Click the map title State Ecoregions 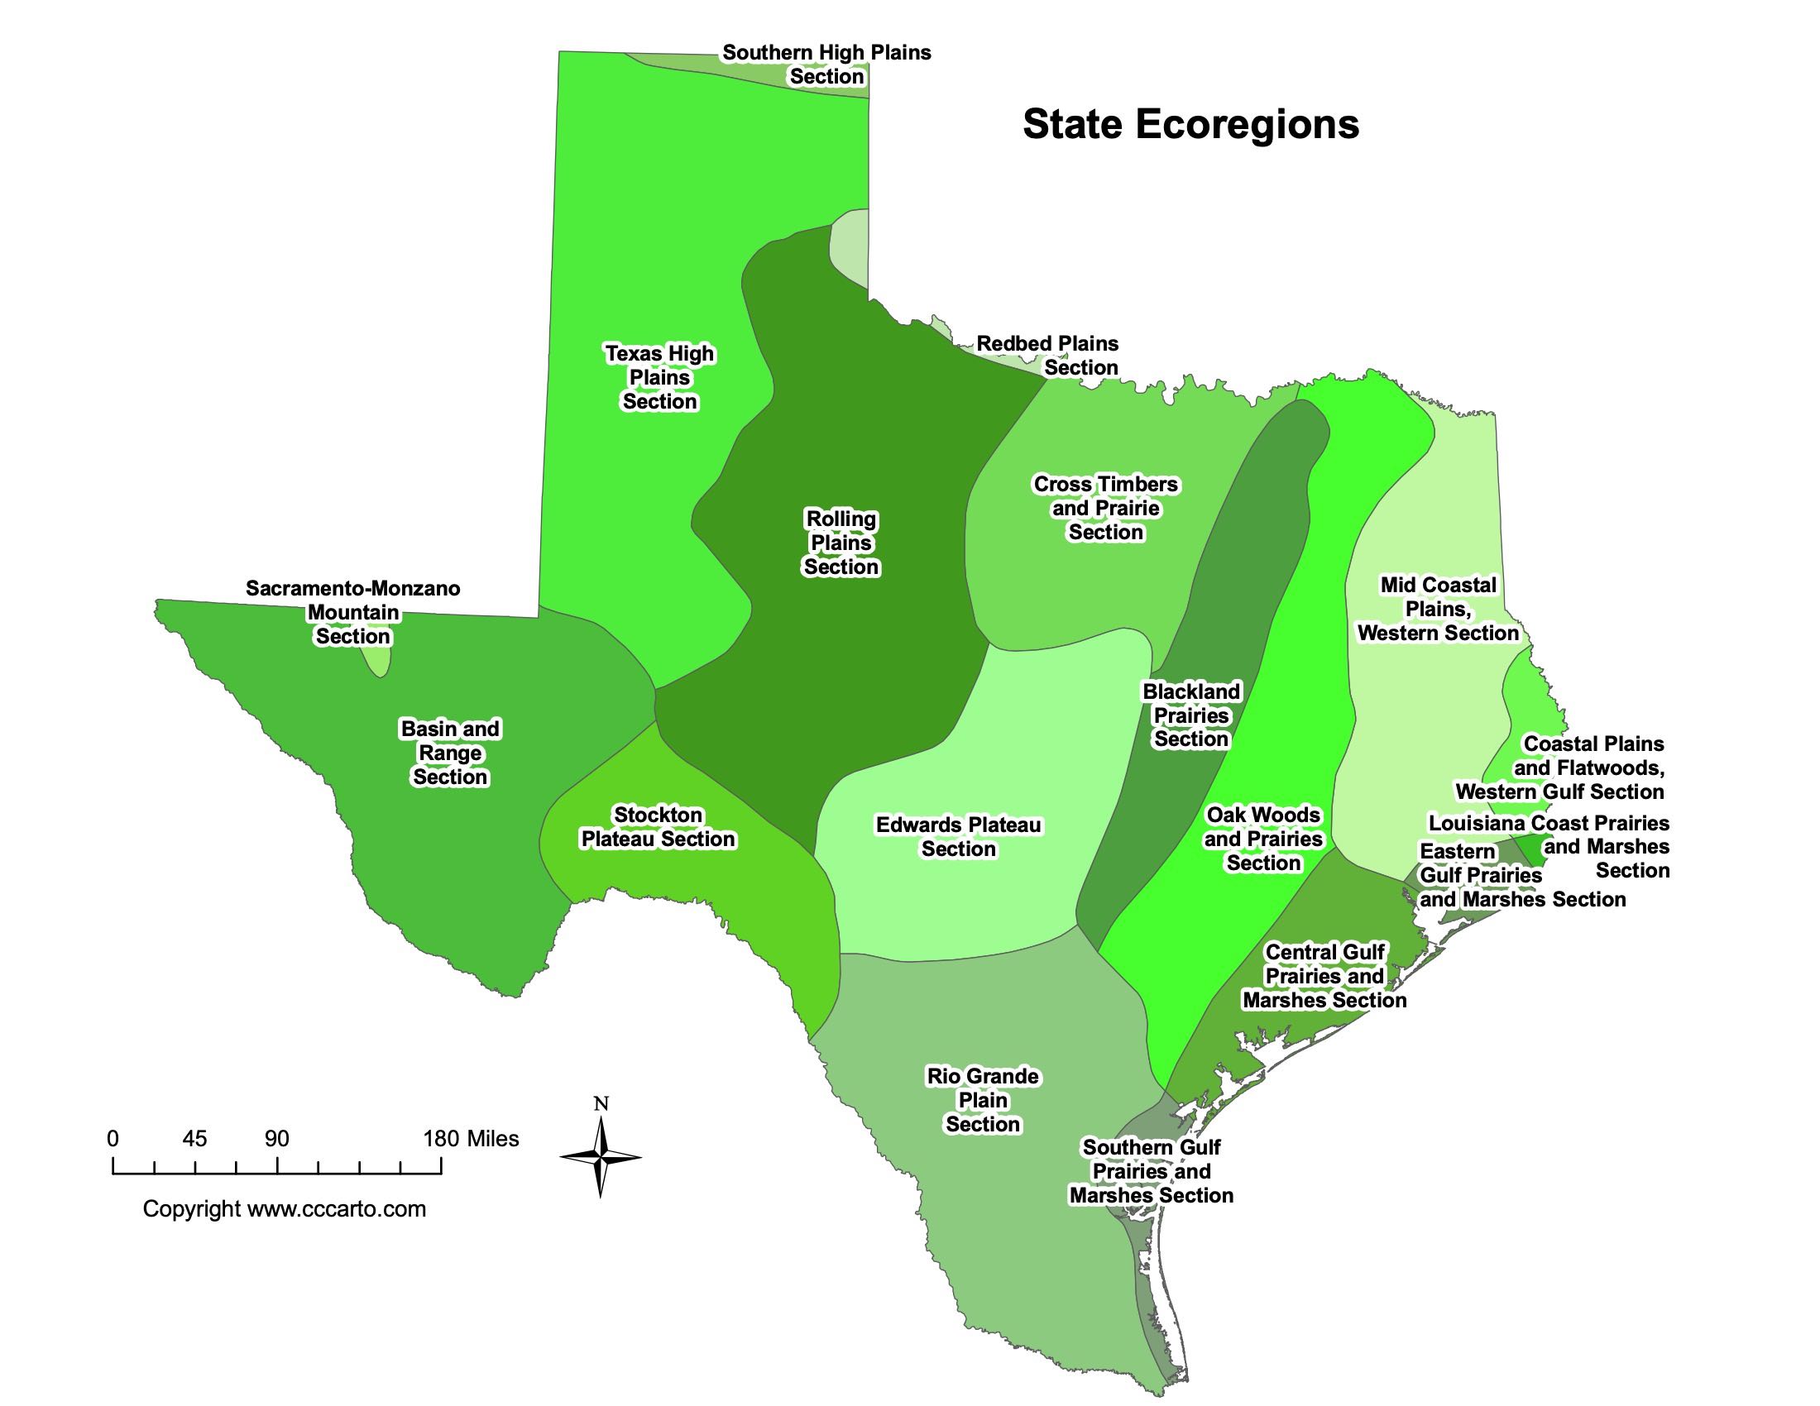1190,125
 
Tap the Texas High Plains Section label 659,377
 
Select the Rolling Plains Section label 841,543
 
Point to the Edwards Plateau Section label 958,837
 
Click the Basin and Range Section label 450,753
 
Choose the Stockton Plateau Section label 659,827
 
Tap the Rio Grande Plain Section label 983,1100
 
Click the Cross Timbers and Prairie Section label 1105,508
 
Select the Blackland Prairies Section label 1190,715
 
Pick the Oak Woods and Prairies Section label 1262,839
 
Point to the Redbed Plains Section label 1047,356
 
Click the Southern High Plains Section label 826,65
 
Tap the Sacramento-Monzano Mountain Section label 352,612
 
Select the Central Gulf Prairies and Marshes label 1324,976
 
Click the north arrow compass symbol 600,1157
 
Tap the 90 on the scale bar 276,1139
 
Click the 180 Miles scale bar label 471,1139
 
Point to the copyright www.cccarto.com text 284,1208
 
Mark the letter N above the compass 601,1104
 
